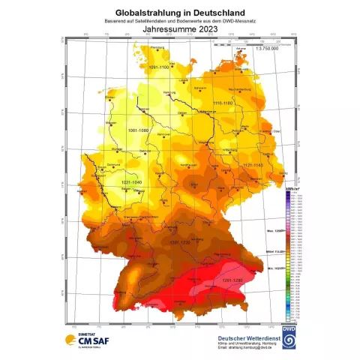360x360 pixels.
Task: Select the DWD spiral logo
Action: coord(289,335)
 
